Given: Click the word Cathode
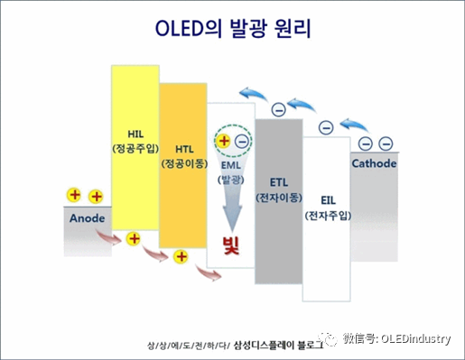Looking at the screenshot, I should [373, 164].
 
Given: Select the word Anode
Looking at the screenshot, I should [88, 218].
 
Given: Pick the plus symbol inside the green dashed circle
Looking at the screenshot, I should [224, 141].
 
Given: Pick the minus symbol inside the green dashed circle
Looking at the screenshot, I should [241, 141].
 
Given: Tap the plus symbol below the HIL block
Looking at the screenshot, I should [134, 239].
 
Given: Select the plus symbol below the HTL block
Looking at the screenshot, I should [181, 257].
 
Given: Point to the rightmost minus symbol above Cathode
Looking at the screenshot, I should [386, 143].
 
